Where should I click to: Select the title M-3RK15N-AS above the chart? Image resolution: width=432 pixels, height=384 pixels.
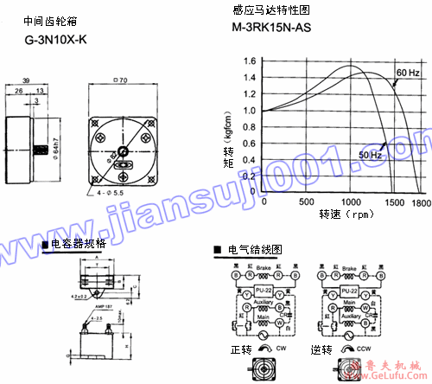click(x=271, y=27)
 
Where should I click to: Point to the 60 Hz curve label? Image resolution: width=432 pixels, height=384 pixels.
click(x=408, y=72)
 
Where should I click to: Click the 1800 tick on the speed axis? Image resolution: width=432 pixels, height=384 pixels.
click(x=421, y=202)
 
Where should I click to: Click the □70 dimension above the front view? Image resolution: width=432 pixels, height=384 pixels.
click(x=122, y=80)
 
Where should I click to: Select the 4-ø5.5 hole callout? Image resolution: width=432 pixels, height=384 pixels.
click(x=112, y=192)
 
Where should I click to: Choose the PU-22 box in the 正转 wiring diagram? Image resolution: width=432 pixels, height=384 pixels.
click(x=261, y=291)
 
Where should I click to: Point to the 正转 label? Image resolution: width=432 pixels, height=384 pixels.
click(x=241, y=351)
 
